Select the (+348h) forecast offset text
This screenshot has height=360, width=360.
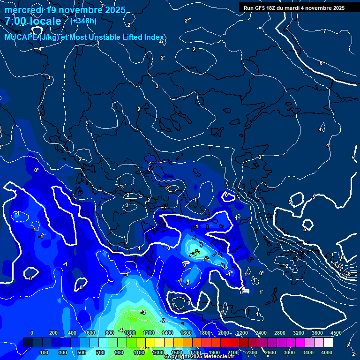pos(83,21)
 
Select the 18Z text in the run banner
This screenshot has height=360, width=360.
pos(271,8)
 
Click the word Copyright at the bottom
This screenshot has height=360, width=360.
pos(176,357)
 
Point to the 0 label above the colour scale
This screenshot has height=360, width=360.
pos(32,333)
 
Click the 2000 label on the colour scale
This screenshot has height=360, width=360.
pos(224,333)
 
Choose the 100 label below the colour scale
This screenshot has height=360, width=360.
pos(45,352)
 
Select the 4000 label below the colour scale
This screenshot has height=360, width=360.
pos(327,352)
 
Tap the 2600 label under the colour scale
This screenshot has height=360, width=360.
pos(270,352)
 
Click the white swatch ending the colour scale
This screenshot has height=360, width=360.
pos(328,343)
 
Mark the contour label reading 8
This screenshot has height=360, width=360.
pos(349,273)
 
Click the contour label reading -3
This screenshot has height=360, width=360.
pos(143,312)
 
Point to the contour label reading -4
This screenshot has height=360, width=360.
pos(121,330)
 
